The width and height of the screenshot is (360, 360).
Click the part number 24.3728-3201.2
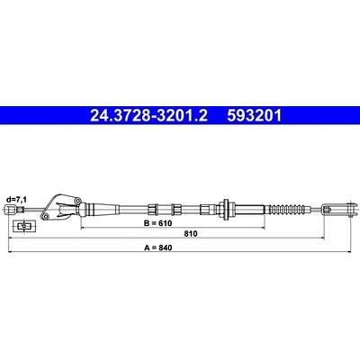click(148, 116)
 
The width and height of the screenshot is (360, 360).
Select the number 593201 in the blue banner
click(255, 116)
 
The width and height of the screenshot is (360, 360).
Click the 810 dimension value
click(191, 234)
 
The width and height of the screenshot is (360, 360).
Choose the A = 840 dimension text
click(158, 247)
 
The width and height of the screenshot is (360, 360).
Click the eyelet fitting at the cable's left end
click(12, 209)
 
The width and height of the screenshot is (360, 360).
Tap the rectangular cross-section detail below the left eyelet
click(23, 226)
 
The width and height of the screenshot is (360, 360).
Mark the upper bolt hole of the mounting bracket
click(77, 200)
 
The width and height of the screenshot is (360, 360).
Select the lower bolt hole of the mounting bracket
click(45, 217)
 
